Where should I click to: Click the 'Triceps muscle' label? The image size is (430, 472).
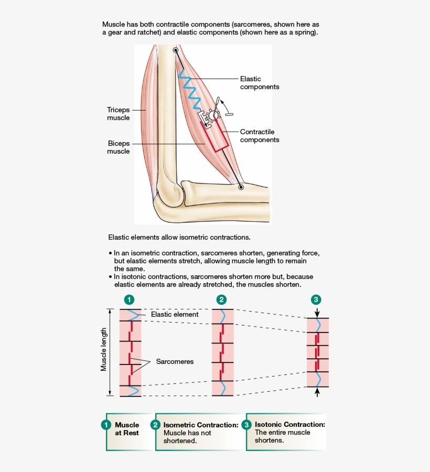tap(118, 114)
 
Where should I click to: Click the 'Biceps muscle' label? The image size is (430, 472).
tap(118, 147)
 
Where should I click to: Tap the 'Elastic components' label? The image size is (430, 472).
tap(260, 83)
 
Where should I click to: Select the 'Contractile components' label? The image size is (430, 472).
tap(260, 136)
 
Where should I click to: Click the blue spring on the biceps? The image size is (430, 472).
tap(188, 87)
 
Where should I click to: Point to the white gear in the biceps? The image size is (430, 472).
tap(213, 115)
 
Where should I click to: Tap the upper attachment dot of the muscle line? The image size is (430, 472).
tap(175, 50)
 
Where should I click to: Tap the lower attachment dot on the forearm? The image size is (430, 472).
tap(241, 186)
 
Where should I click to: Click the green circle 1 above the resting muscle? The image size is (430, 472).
tap(130, 300)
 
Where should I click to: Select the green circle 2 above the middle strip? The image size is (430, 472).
tap(222, 300)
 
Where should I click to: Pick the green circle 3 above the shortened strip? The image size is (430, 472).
tap(316, 300)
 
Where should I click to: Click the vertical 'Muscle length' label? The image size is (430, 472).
tap(104, 350)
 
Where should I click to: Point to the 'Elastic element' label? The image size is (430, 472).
tap(175, 315)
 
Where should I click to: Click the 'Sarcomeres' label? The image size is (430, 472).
tap(175, 362)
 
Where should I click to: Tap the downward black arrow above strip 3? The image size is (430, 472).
tap(317, 312)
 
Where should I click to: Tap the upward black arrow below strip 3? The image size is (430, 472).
tap(317, 392)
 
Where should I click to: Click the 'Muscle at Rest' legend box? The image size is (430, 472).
tap(126, 429)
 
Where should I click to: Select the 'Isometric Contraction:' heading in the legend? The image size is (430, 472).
tap(201, 425)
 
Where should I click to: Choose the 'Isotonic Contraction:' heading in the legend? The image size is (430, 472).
tap(290, 424)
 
